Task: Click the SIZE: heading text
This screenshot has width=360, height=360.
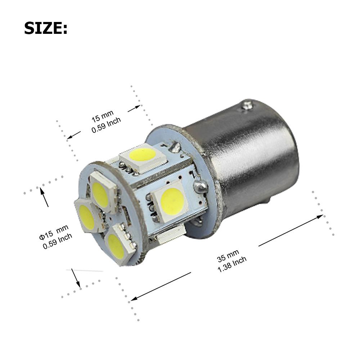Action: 46,28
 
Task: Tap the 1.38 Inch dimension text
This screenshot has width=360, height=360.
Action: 232,264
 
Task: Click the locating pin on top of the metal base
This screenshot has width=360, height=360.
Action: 247,105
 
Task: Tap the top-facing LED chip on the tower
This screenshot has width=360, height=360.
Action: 142,156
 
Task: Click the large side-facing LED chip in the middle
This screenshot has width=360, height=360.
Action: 171,199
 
